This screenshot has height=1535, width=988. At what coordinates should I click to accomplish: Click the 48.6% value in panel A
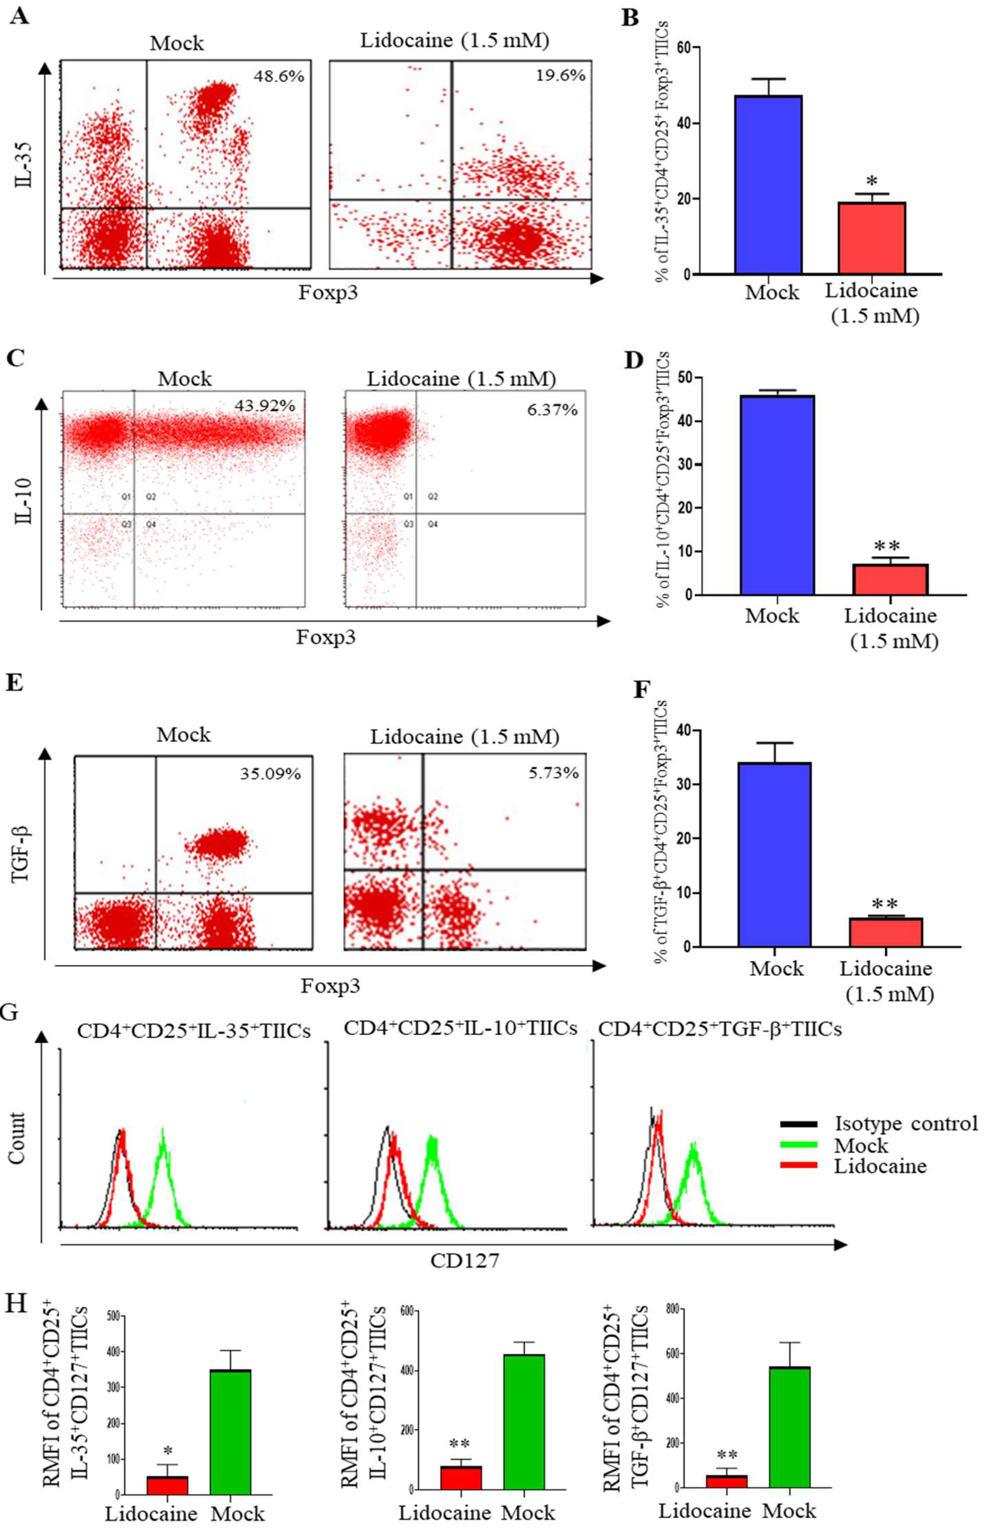click(x=278, y=76)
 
